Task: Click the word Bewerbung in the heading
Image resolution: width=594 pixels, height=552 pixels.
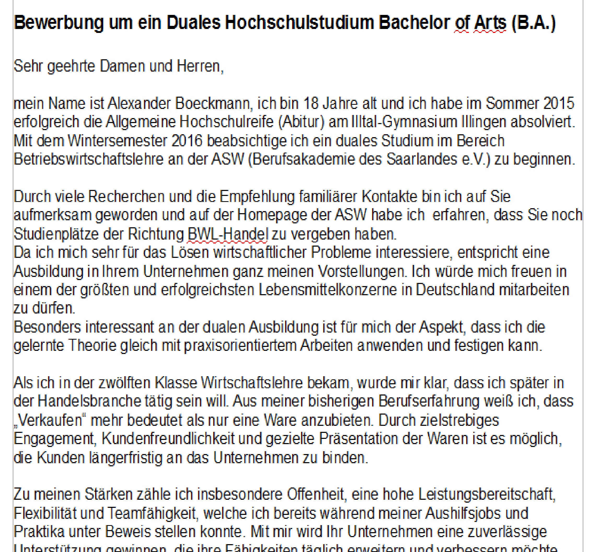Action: click(x=59, y=23)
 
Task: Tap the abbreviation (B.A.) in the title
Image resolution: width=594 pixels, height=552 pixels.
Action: click(x=534, y=23)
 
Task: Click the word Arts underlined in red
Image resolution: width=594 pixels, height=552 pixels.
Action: click(x=490, y=23)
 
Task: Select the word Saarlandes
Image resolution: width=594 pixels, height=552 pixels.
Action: click(x=422, y=159)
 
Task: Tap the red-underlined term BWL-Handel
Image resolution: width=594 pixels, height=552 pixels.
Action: click(x=228, y=234)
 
